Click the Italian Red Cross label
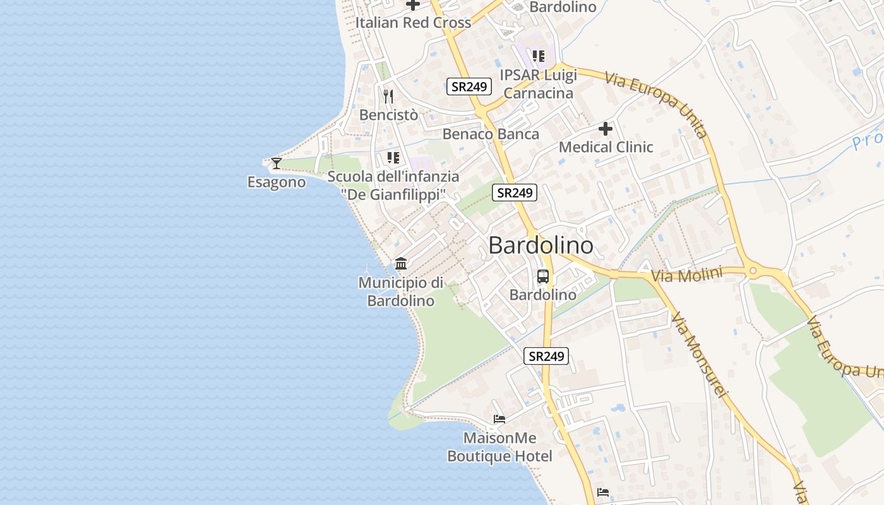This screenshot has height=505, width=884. coord(413,23)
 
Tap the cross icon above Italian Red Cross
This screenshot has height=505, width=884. coord(413,4)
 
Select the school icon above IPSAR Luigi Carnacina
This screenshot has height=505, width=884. coord(538,56)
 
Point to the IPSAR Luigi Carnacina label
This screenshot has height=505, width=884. coord(538,84)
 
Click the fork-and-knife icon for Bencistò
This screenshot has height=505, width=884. coord(388,97)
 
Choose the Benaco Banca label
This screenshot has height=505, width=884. coord(491,134)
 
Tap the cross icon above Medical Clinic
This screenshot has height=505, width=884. coord(606,129)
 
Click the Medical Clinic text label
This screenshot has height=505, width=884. coord(606,147)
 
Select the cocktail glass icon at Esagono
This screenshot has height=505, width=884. coord(276,163)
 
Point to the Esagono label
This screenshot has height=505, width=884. coord(276,182)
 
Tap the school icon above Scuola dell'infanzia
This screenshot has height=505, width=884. coord(393,158)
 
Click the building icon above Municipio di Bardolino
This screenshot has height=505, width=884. coord(401,263)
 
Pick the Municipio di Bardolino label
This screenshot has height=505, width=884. coord(401,292)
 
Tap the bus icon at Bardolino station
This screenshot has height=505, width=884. coord(543,276)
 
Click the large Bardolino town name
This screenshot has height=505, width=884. coord(541,246)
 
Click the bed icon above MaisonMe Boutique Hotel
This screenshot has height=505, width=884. coord(499,419)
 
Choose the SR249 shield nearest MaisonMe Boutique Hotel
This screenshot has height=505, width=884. coord(546,356)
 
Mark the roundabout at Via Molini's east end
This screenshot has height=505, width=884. coord(753,272)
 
